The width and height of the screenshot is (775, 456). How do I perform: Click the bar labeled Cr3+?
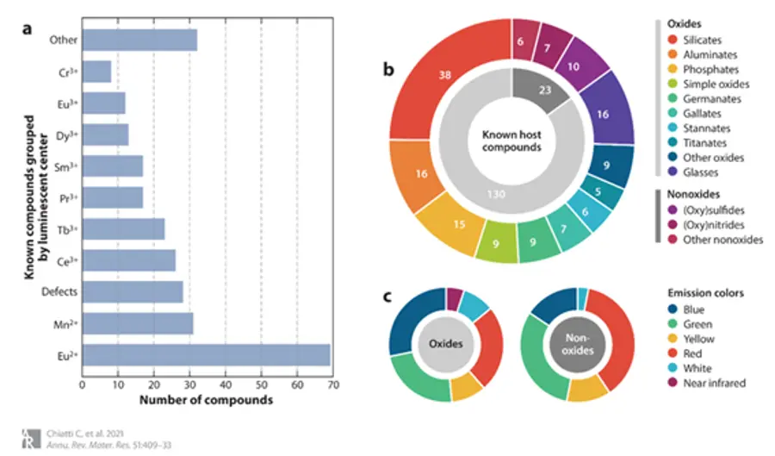(x=96, y=72)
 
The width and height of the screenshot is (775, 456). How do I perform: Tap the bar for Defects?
(x=132, y=291)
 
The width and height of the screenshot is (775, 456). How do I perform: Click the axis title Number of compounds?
(x=206, y=400)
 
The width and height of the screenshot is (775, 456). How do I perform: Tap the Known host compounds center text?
(x=512, y=141)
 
